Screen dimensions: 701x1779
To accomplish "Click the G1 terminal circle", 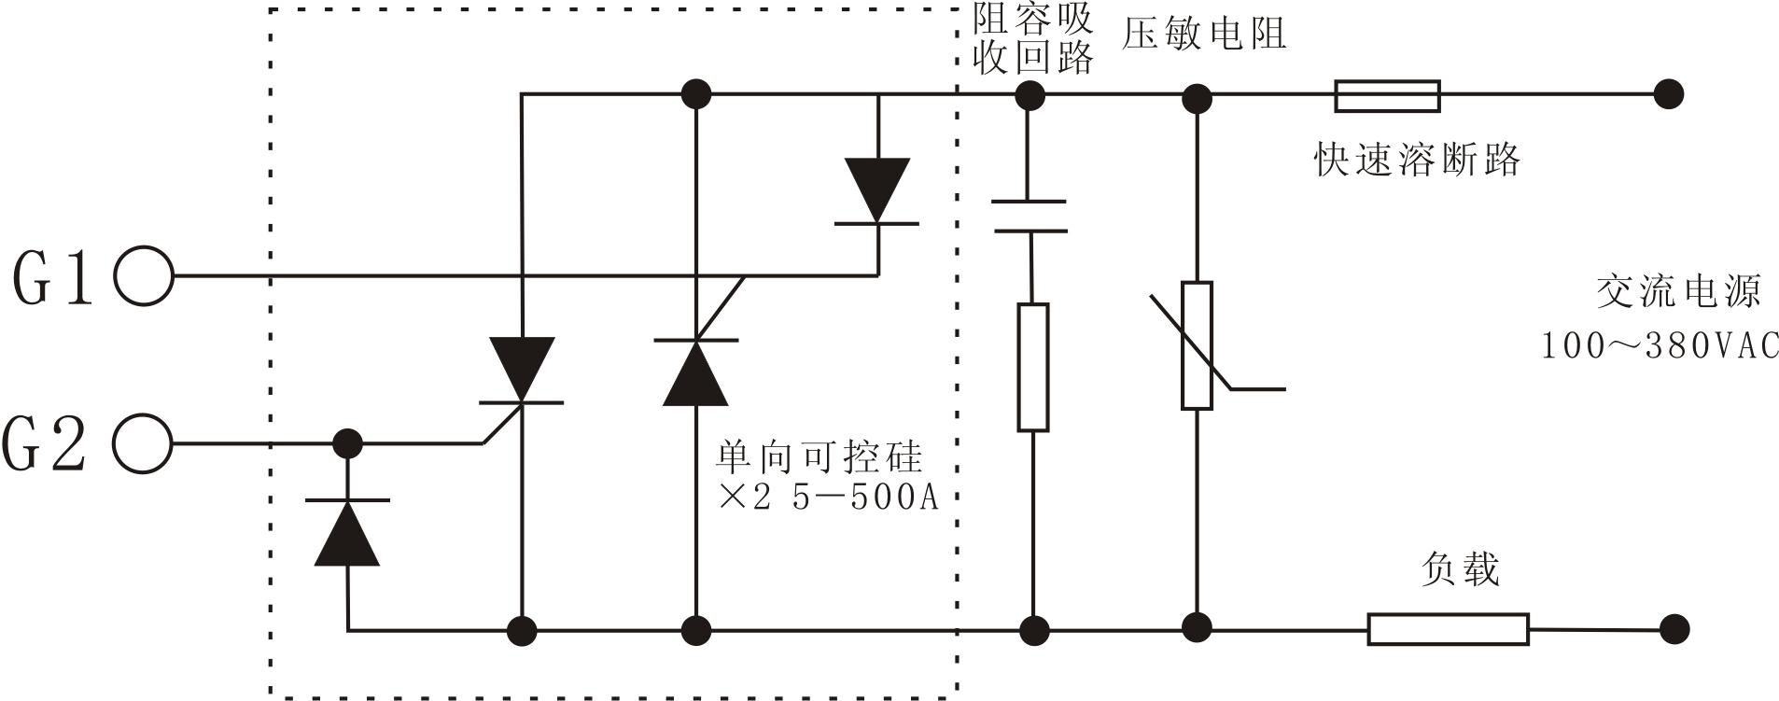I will click(x=144, y=275).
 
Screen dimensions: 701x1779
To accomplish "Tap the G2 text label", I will click(x=45, y=444).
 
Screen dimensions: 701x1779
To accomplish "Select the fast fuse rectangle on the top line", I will click(x=1387, y=96).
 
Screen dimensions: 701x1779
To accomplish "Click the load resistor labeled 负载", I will click(x=1448, y=629).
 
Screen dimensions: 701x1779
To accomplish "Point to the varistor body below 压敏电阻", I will click(x=1197, y=345).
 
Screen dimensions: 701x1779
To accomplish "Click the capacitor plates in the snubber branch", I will click(x=1030, y=216).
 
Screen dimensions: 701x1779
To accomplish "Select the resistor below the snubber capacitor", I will click(x=1032, y=367).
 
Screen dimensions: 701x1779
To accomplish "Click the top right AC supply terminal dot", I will click(x=1668, y=94).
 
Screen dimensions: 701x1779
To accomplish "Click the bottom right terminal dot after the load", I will click(x=1674, y=628).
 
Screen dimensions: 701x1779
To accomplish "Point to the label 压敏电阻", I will click(x=1204, y=35).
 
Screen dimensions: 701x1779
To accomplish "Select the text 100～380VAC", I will click(x=1660, y=345).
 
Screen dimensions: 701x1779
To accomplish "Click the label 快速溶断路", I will click(x=1417, y=160).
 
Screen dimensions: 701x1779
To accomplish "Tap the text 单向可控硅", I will click(x=819, y=457).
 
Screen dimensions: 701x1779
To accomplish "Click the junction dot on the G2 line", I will click(x=347, y=443).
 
